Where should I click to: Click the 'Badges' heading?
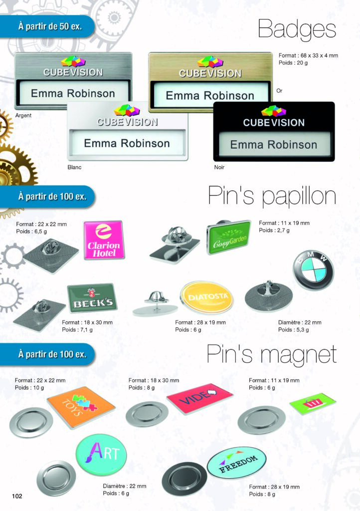click(x=297, y=30)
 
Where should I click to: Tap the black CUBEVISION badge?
click(x=274, y=132)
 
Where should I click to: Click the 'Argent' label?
click(x=23, y=115)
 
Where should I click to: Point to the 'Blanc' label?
click(x=74, y=167)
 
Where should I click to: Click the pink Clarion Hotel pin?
click(x=103, y=240)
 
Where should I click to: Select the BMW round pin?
click(x=313, y=270)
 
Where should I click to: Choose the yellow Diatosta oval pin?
click(x=206, y=297)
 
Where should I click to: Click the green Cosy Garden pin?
click(x=229, y=237)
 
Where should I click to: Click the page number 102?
click(x=17, y=496)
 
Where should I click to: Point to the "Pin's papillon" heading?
click(x=271, y=196)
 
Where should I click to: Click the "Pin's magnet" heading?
click(x=271, y=354)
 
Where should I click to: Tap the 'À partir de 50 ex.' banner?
click(x=50, y=25)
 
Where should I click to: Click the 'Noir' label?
click(x=219, y=167)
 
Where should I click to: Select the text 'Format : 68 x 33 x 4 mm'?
click(x=308, y=55)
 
